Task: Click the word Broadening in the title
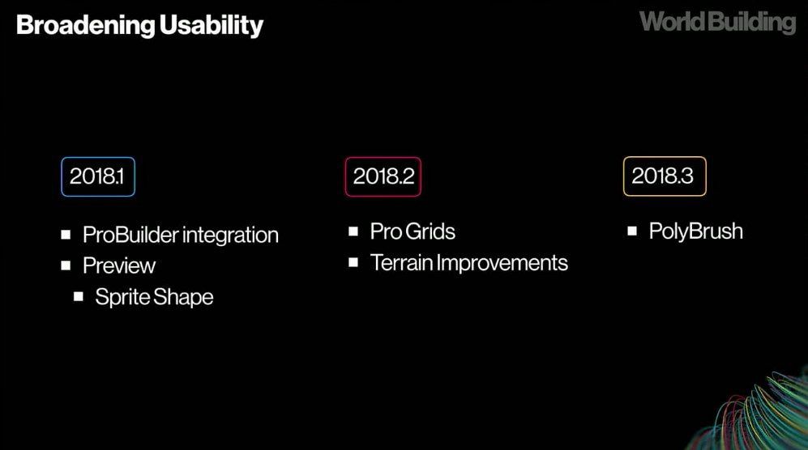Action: [x=86, y=25]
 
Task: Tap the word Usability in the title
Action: [x=212, y=25]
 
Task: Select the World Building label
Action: [x=718, y=23]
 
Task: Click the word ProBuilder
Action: [x=130, y=235]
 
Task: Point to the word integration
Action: [x=230, y=236]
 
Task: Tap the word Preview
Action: [x=119, y=265]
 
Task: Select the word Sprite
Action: [x=122, y=297]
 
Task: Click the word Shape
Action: [x=183, y=297]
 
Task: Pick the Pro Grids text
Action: [x=413, y=231]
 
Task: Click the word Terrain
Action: [x=401, y=262]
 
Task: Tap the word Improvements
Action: [x=502, y=263]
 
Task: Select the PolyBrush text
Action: [x=695, y=231]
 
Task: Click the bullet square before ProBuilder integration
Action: [x=66, y=235]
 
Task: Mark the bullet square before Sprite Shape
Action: [x=79, y=296]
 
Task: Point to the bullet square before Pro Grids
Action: [x=353, y=231]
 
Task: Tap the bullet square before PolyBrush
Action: [x=632, y=231]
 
